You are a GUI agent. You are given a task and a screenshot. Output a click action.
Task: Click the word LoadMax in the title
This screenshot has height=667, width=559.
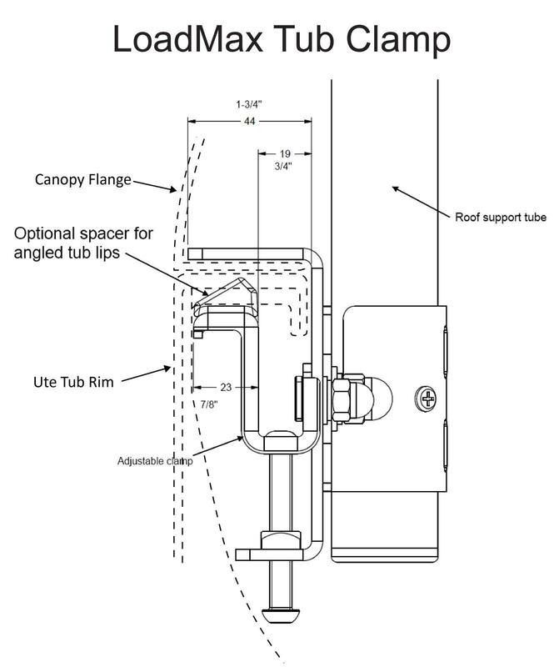pyautogui.click(x=187, y=38)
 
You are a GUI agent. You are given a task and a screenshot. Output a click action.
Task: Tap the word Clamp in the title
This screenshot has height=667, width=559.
pyautogui.click(x=397, y=41)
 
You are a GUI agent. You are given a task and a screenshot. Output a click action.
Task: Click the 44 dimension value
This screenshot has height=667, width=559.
pyautogui.click(x=250, y=121)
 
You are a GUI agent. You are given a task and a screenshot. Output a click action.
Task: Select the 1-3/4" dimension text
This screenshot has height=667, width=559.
pyautogui.click(x=249, y=104)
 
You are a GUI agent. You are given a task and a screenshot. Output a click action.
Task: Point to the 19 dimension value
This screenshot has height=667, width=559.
pyautogui.click(x=285, y=153)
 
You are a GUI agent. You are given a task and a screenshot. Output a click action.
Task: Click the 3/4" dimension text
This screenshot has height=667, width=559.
pyautogui.click(x=283, y=166)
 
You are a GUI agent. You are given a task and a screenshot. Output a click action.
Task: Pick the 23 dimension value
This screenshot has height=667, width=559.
pyautogui.click(x=226, y=387)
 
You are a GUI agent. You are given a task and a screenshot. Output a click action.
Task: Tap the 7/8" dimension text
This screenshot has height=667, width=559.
pyautogui.click(x=209, y=404)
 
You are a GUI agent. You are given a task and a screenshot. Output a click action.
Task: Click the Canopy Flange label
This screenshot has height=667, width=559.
pyautogui.click(x=83, y=180)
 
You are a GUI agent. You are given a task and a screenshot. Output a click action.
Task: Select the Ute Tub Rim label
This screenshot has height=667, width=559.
pyautogui.click(x=73, y=382)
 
